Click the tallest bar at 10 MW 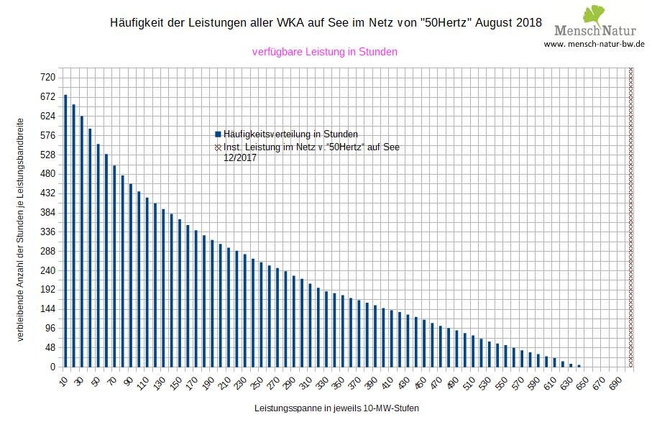(65, 231)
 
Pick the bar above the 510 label (474, 352)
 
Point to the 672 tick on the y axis (47, 96)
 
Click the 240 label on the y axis (47, 270)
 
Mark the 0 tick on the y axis (52, 367)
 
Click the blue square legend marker (217, 134)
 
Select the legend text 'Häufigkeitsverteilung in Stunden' (290, 134)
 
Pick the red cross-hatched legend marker (217, 147)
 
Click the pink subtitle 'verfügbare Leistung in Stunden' (325, 52)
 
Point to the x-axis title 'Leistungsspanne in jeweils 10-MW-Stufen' (336, 408)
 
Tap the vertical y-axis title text (19, 229)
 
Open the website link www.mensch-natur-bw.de (594, 43)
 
